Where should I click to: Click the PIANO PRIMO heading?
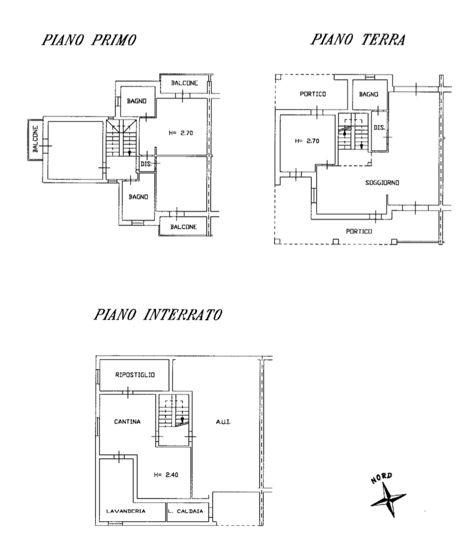click(89, 40)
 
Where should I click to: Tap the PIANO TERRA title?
click(358, 40)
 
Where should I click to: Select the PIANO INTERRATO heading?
click(158, 315)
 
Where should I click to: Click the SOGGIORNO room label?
click(382, 182)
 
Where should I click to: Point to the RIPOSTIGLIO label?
click(135, 375)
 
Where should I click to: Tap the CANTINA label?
click(127, 422)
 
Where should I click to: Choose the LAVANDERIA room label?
click(126, 511)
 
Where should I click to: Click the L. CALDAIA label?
click(185, 511)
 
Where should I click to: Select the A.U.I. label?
click(224, 422)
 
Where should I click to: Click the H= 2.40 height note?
click(166, 475)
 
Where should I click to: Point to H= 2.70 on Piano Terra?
click(307, 141)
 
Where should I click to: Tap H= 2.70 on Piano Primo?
click(181, 133)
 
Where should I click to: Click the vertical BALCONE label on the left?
click(36, 139)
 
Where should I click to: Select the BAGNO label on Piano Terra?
click(369, 94)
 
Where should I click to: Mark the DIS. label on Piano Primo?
click(147, 164)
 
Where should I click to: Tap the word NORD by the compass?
click(382, 478)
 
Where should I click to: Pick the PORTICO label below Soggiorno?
click(359, 231)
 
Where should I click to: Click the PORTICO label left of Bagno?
click(313, 94)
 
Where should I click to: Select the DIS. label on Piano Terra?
click(380, 127)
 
